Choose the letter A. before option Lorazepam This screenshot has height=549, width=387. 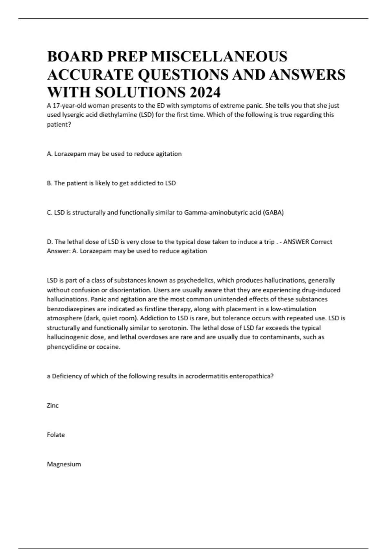pyautogui.click(x=50, y=154)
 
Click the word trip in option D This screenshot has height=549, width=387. pyautogui.click(x=269, y=242)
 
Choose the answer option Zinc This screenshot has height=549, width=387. pyautogui.click(x=53, y=406)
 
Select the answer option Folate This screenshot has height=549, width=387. pyautogui.click(x=56, y=435)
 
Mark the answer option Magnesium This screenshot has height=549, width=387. pyautogui.click(x=64, y=464)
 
